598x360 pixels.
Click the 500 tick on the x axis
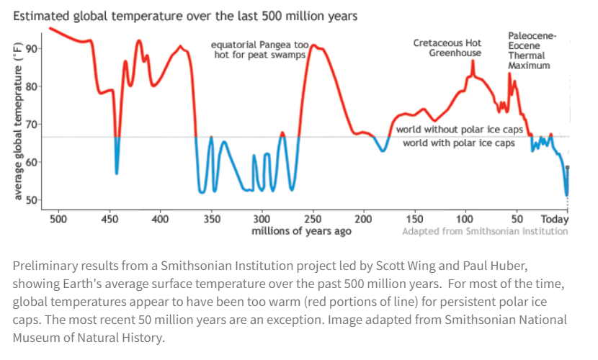58,219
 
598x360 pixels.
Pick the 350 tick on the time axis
211,219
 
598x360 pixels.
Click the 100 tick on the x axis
465,219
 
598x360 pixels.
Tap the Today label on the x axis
555,219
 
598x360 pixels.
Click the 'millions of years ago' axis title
302,231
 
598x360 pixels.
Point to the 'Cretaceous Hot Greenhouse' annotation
447,48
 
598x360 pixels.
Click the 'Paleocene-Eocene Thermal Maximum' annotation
532,50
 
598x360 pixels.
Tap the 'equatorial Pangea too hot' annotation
259,50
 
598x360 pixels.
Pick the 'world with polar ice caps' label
459,143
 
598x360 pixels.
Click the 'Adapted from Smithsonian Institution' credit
485,231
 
